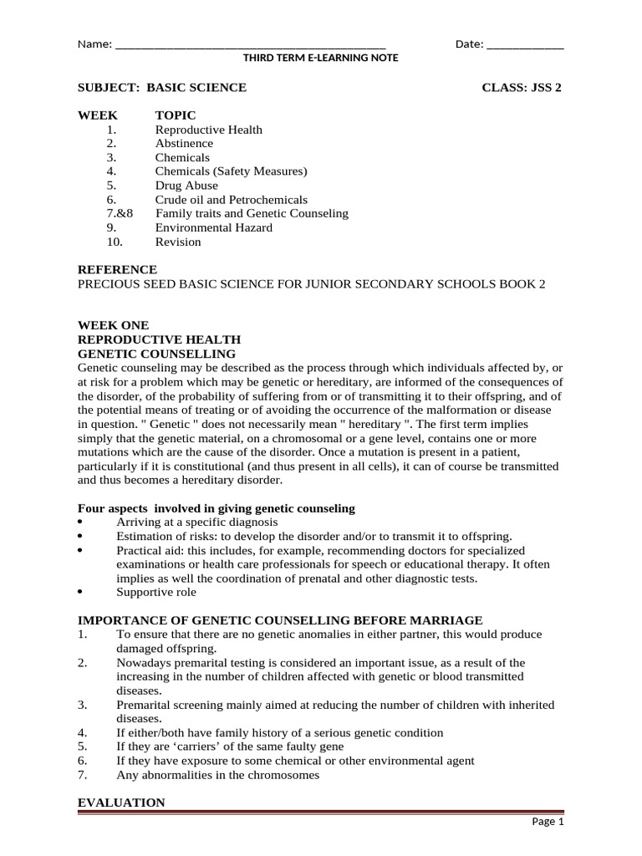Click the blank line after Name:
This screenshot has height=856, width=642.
pyautogui.click(x=250, y=45)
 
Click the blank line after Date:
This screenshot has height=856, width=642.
pyautogui.click(x=524, y=45)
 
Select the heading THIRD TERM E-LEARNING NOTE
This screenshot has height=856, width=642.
pyautogui.click(x=320, y=58)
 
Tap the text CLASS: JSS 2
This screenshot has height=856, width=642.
pyautogui.click(x=522, y=88)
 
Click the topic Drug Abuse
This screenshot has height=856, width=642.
pyautogui.click(x=186, y=186)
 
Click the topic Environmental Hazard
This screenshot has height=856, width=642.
pyautogui.click(x=213, y=228)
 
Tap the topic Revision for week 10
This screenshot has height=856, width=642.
pyautogui.click(x=178, y=242)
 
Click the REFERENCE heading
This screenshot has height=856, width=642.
pyautogui.click(x=117, y=270)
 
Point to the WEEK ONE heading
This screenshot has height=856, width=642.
pyautogui.click(x=113, y=325)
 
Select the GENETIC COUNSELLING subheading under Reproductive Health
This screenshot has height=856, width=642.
pyautogui.click(x=156, y=354)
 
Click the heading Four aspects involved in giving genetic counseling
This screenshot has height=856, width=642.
pyautogui.click(x=216, y=508)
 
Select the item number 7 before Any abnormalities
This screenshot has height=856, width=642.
pyautogui.click(x=82, y=775)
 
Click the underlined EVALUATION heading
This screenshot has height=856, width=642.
pyautogui.click(x=121, y=802)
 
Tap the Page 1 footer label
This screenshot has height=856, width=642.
pyautogui.click(x=548, y=822)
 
